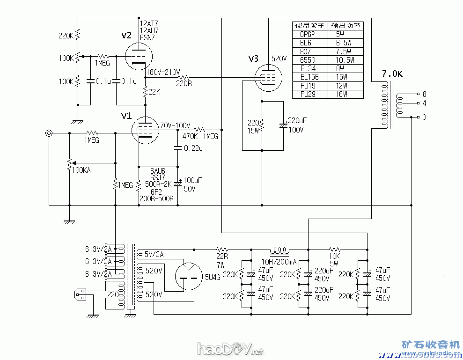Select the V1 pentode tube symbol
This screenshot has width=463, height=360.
[145, 129]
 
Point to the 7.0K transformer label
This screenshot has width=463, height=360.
[391, 74]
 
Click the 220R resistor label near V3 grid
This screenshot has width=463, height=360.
[184, 84]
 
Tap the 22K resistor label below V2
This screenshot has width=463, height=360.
[154, 93]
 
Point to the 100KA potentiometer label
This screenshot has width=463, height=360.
[81, 170]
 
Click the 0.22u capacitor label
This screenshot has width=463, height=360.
[193, 148]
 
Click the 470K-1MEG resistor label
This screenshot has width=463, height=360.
[200, 136]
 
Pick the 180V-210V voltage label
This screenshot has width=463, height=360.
[163, 73]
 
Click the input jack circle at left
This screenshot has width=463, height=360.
[49, 133]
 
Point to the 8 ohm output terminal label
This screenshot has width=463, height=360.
[424, 94]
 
